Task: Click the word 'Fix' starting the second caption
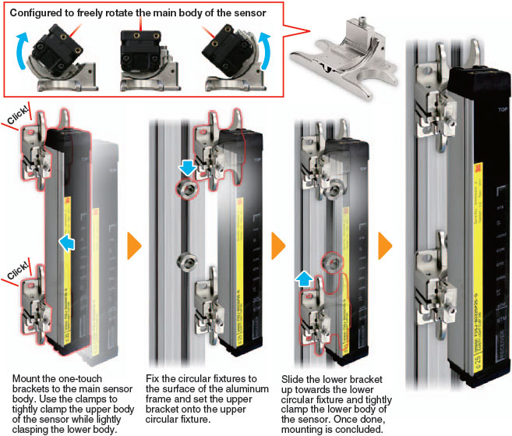154,378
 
